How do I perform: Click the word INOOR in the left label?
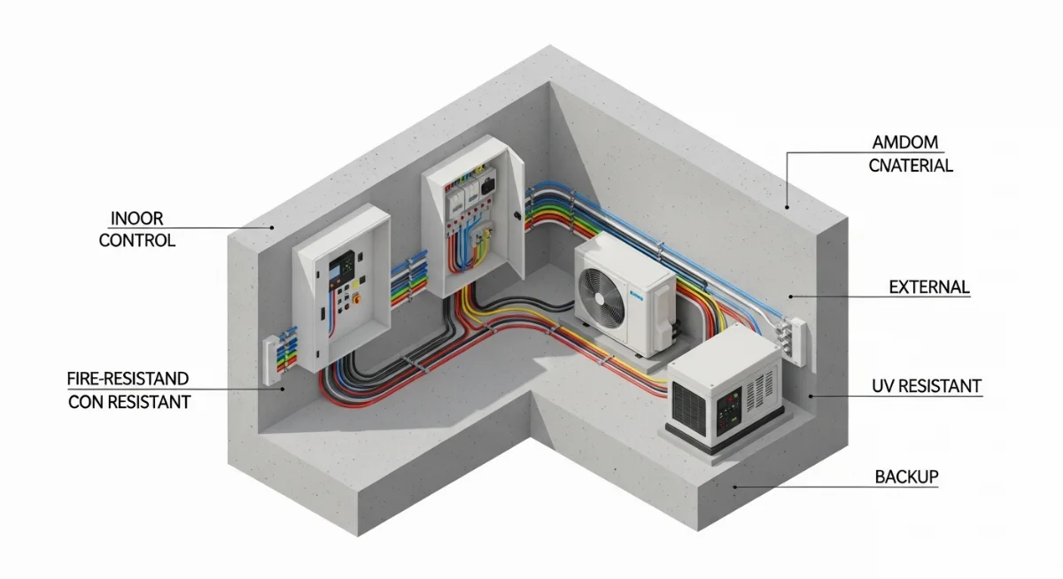pyautogui.click(x=137, y=218)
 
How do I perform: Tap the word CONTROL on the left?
pyautogui.click(x=137, y=240)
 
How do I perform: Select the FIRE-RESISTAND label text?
pyautogui.click(x=128, y=379)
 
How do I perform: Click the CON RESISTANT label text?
pyautogui.click(x=129, y=401)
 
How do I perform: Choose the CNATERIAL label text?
pyautogui.click(x=911, y=166)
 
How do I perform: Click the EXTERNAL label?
pyautogui.click(x=929, y=288)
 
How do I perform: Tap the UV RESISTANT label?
pyautogui.click(x=927, y=387)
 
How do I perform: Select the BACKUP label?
pyautogui.click(x=906, y=476)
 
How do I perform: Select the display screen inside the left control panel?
pyautogui.click(x=342, y=265)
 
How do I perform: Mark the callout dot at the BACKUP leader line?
pyautogui.click(x=734, y=486)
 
